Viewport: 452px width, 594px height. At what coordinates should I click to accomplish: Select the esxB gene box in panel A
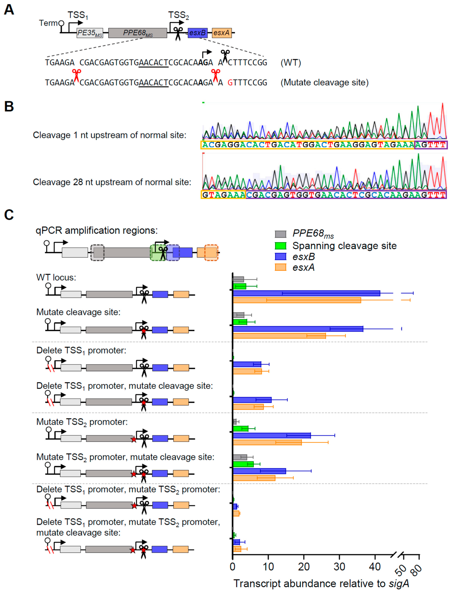click(x=197, y=33)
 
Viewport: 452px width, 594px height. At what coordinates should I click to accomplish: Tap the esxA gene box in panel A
click(x=222, y=33)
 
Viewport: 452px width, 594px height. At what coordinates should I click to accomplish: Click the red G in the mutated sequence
click(x=230, y=83)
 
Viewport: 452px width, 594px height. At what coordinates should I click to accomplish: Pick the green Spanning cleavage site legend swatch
click(x=280, y=246)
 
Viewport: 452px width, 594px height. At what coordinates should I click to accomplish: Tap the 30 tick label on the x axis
click(x=339, y=567)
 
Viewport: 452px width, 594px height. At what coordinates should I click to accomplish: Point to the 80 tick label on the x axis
click(x=416, y=570)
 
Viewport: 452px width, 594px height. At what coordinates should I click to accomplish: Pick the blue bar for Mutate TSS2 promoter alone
click(x=272, y=435)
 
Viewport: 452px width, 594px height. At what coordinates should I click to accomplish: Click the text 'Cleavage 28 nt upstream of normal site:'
click(x=112, y=182)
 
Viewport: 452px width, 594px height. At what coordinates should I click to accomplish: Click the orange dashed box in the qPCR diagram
click(x=211, y=253)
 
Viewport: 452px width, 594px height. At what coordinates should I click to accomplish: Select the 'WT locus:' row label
click(x=56, y=277)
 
